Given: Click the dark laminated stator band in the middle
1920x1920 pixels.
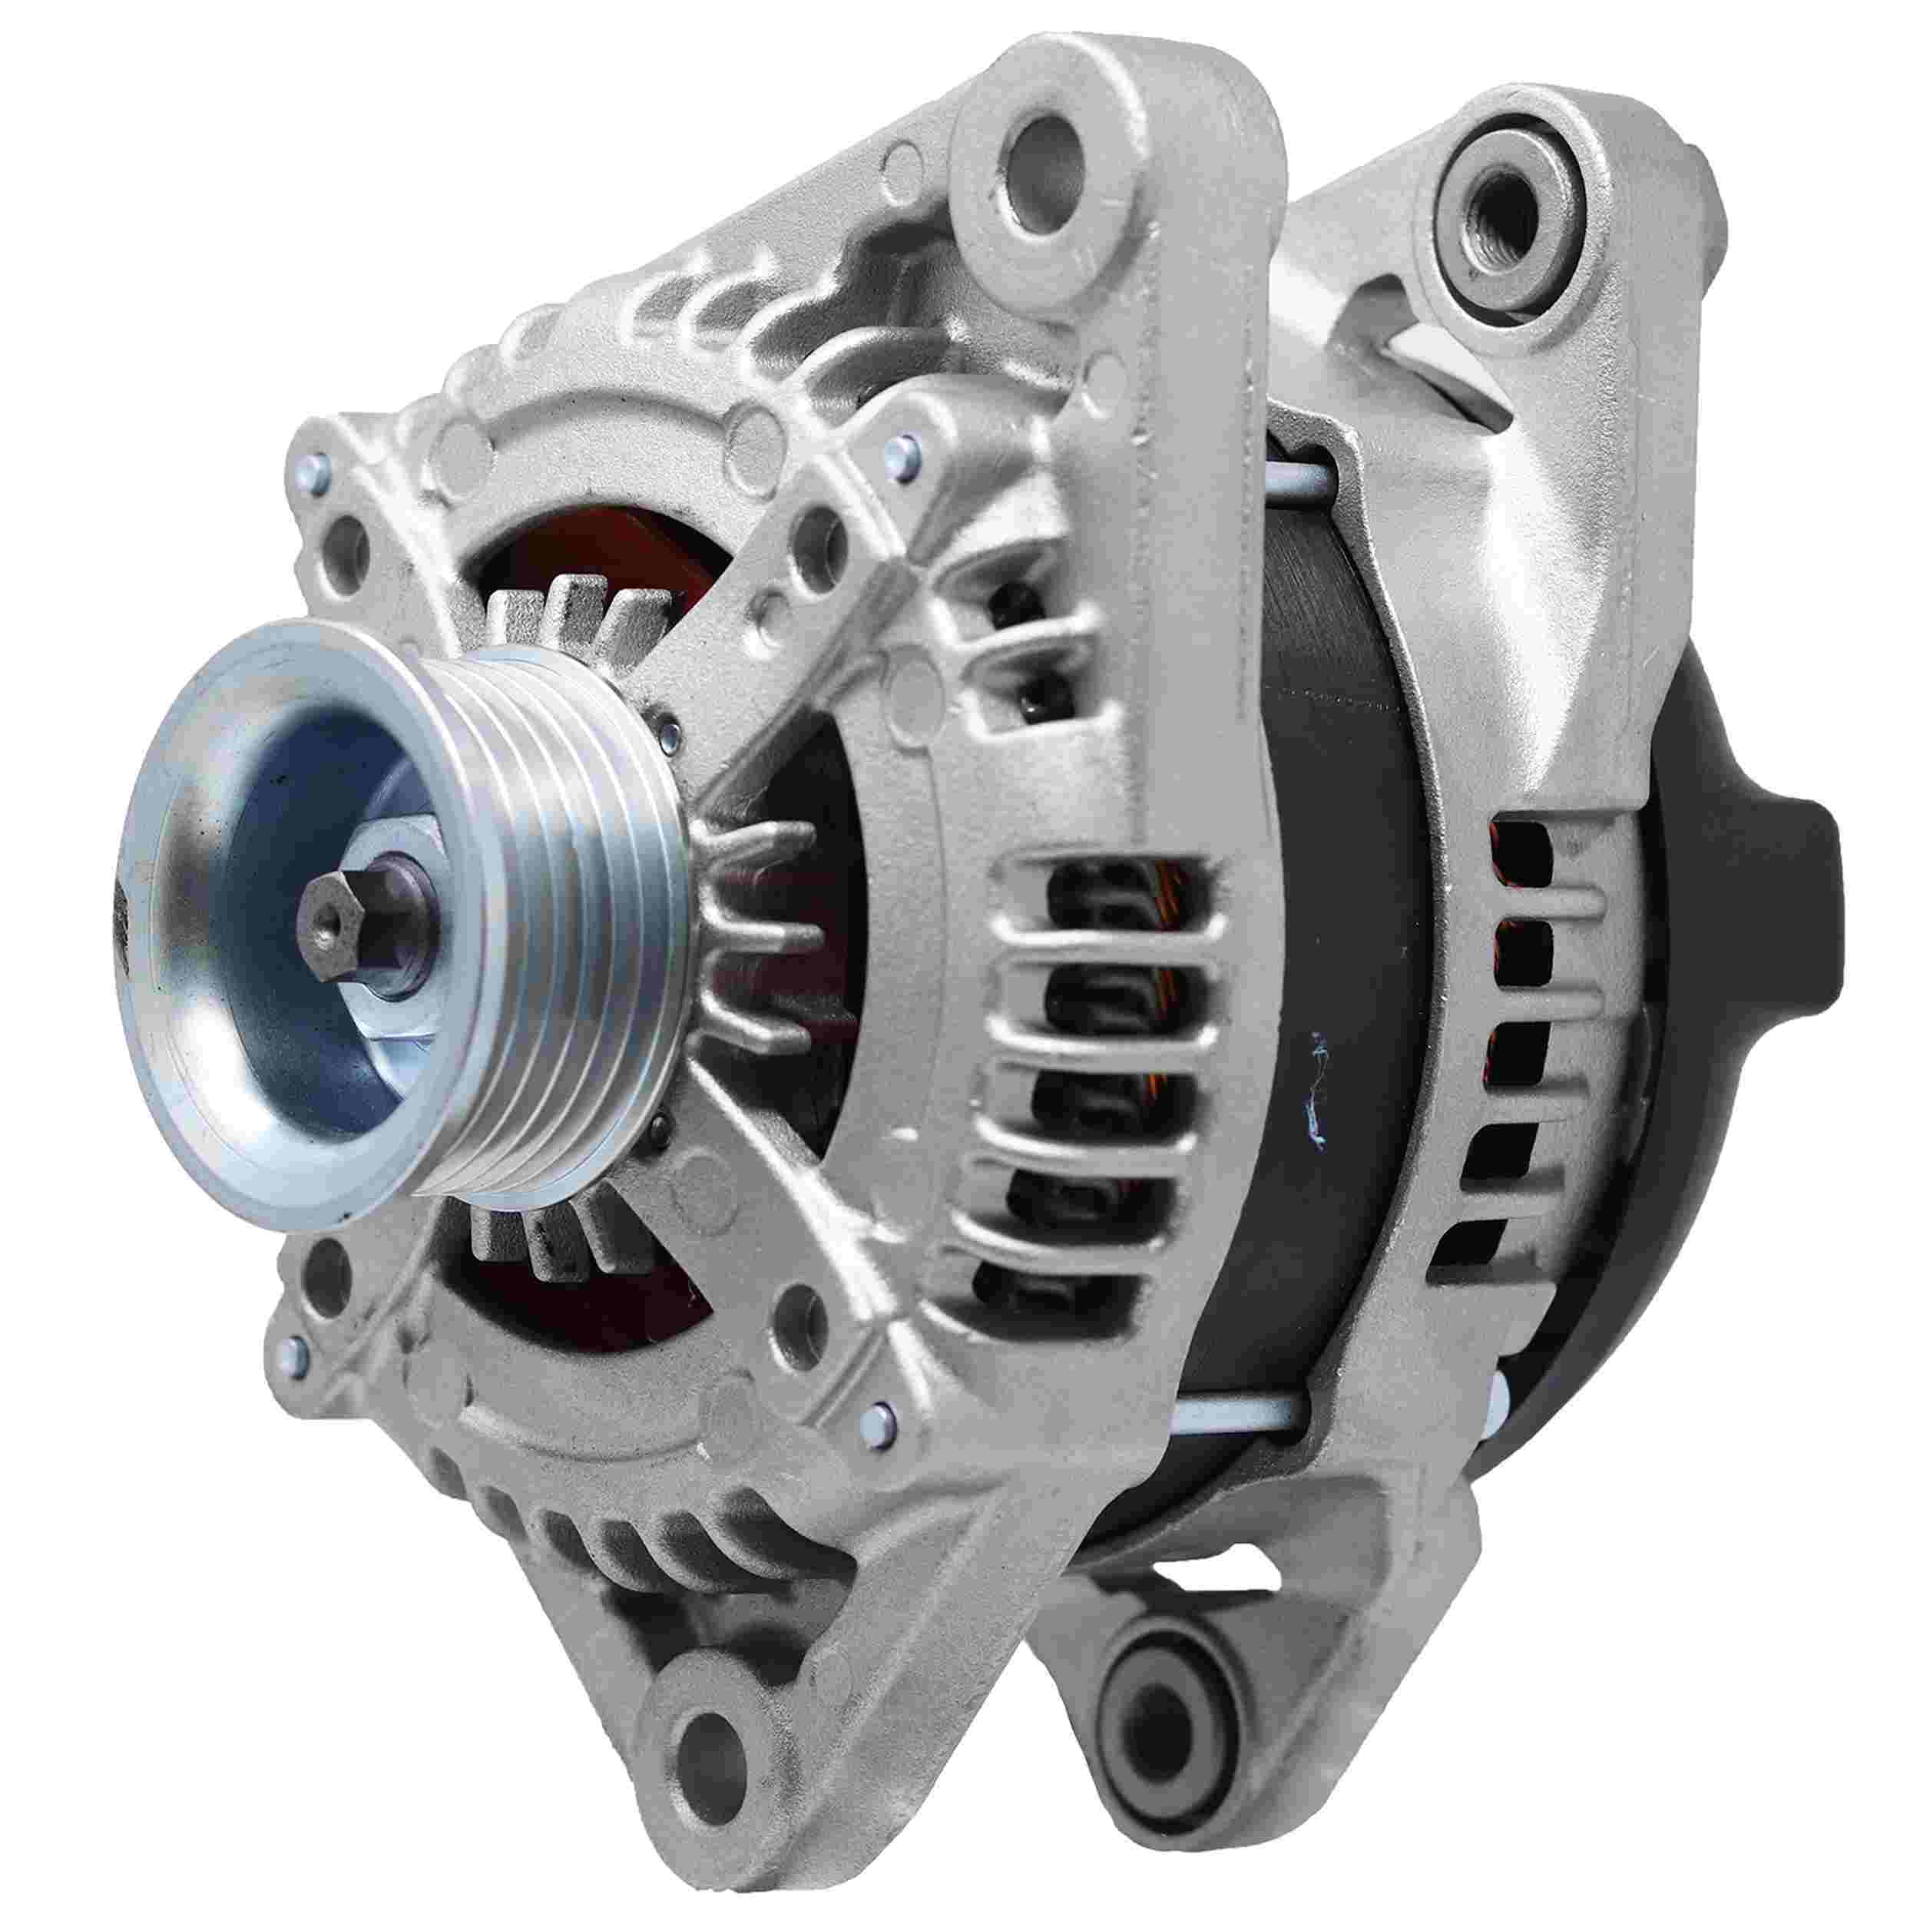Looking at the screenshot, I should pyautogui.click(x=1322, y=895).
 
